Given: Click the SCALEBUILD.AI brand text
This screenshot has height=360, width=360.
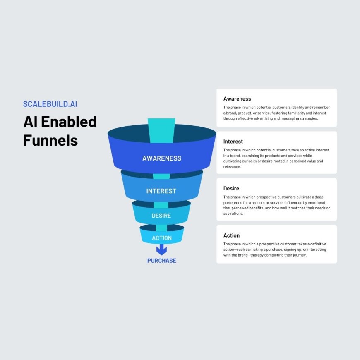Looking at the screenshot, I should [50, 104].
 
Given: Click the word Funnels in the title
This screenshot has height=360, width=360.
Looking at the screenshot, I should [50, 140].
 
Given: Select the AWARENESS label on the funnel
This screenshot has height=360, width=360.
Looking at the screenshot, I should [162, 158].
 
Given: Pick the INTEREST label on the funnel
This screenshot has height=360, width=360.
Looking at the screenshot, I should [161, 191].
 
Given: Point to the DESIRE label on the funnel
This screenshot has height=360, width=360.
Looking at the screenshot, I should [161, 216].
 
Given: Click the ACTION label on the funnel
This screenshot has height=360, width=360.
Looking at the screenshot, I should [162, 238].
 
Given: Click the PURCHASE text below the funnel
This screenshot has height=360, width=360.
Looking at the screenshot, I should [162, 261].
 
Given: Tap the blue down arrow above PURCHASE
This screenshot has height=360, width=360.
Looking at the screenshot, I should [161, 250].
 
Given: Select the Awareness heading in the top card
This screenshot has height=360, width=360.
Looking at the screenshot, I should [237, 99].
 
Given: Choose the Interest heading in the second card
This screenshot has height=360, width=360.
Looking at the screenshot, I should [233, 142].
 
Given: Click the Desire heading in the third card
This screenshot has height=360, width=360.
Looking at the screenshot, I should [231, 189].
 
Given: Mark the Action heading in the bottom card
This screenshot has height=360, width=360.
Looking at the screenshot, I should [231, 235].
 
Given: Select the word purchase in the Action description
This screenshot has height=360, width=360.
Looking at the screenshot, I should [288, 250].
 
